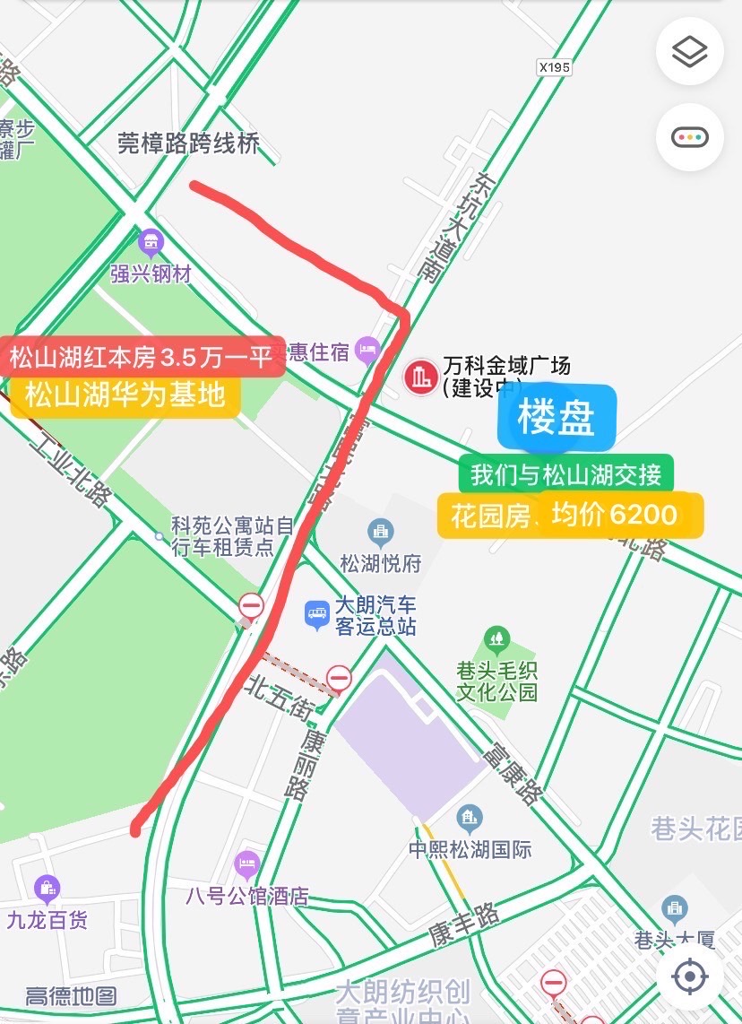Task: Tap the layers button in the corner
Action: [690, 52]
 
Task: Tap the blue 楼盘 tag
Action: [556, 418]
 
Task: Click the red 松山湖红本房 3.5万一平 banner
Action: [142, 357]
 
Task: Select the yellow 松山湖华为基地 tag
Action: [125, 395]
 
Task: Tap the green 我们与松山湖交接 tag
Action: [565, 474]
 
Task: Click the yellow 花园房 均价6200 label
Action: [570, 515]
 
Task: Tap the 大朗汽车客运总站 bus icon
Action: [316, 614]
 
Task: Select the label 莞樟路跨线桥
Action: [189, 143]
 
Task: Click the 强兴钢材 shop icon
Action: [151, 241]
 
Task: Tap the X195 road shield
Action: [555, 66]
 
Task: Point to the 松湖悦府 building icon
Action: [380, 533]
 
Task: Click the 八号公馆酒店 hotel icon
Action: [246, 865]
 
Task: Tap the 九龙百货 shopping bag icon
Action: [47, 889]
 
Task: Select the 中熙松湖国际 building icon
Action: [469, 818]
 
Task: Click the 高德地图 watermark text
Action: [71, 996]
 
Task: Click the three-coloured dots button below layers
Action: [690, 137]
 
